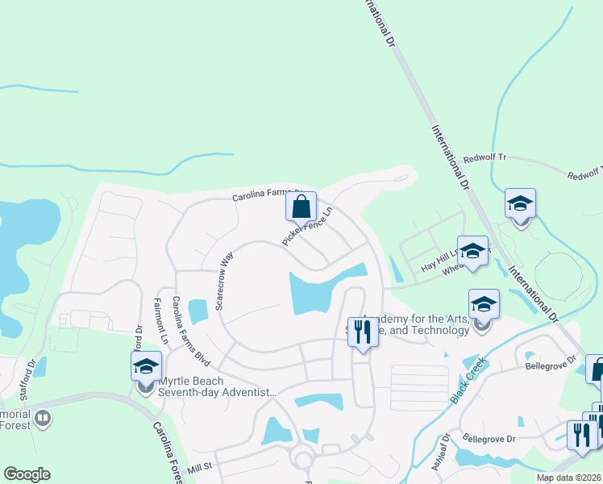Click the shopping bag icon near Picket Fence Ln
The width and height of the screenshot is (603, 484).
point(301,207)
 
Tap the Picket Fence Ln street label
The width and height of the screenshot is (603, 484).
point(308,228)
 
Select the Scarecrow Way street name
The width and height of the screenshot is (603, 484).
point(224,279)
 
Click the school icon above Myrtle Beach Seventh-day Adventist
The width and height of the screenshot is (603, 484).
point(146,366)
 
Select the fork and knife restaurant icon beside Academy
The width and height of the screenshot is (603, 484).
point(362,331)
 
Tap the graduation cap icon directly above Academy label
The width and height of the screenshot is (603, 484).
point(484,305)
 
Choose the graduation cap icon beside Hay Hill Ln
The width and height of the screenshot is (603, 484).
point(472,250)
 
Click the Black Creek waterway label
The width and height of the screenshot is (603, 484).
point(465,380)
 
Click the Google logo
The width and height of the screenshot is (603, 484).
point(27,474)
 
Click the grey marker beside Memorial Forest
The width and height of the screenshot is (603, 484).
point(43,419)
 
